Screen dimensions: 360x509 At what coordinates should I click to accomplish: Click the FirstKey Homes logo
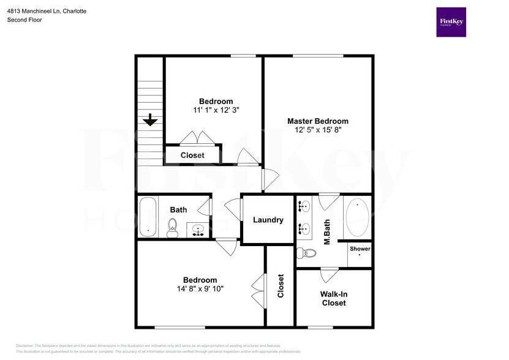point(451,22)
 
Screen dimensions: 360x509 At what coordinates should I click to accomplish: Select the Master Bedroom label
point(318,121)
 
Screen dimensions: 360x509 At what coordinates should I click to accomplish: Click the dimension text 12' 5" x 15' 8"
point(318,130)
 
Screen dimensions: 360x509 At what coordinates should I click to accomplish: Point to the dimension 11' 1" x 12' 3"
point(216,110)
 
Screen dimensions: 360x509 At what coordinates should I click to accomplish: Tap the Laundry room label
point(268,220)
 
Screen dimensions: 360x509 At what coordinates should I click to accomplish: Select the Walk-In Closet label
point(334,298)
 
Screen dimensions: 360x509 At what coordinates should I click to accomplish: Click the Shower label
point(360,249)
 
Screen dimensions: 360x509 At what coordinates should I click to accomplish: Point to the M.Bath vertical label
point(327,231)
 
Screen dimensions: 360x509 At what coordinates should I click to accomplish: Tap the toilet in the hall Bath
point(173,228)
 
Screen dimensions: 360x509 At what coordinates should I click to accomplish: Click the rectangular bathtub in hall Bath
point(148,217)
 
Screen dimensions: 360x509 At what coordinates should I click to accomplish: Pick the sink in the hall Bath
point(197,231)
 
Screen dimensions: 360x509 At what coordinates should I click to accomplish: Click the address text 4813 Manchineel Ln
point(38,11)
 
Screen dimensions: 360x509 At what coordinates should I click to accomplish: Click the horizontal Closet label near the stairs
point(192,156)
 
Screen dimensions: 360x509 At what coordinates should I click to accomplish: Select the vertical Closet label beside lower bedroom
point(281,286)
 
